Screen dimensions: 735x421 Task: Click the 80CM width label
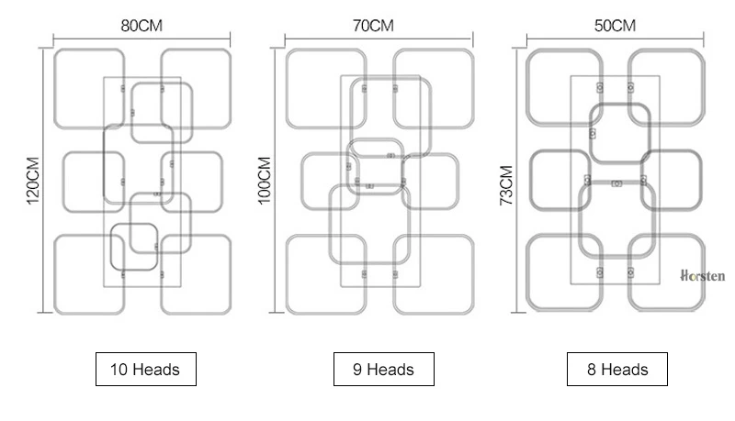(141, 26)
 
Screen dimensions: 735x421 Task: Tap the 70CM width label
(373, 26)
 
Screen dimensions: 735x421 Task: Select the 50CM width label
(615, 26)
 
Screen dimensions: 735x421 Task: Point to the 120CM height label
(33, 181)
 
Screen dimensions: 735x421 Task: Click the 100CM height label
(265, 181)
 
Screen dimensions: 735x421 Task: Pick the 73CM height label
(506, 185)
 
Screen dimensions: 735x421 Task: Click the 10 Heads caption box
(146, 369)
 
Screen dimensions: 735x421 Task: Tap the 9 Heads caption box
(384, 369)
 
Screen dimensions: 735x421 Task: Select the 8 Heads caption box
(617, 369)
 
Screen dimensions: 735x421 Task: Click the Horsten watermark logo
(703, 275)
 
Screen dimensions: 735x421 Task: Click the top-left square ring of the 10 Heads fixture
(55, 89)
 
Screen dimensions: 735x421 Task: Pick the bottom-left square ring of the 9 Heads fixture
(287, 274)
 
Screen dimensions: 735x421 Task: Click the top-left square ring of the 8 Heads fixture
(527, 87)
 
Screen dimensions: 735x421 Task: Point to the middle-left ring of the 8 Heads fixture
(531, 180)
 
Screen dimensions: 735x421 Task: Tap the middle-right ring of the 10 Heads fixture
(221, 182)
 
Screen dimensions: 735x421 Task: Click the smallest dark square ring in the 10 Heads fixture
(111, 247)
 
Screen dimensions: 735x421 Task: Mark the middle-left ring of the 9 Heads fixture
(301, 182)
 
